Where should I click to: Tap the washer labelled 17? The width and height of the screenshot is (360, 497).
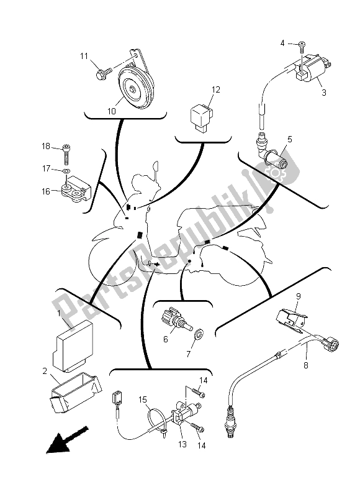coord(66,171)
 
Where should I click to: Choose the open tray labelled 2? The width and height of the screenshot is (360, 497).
coord(76,393)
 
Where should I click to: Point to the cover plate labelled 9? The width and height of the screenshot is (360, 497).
coord(292,318)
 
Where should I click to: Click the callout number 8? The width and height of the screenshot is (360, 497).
coord(306,365)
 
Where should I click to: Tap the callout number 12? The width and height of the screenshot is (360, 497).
coord(215,90)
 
